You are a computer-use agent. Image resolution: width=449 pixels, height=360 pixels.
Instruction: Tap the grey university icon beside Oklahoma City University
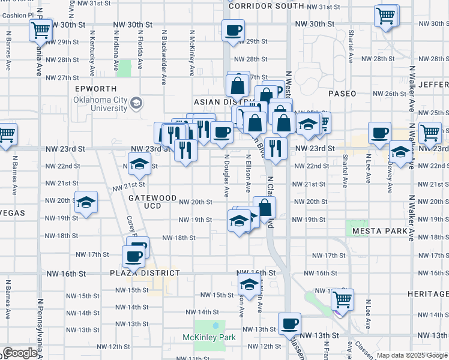point(136,104)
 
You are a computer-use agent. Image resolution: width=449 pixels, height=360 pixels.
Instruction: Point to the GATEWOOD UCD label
point(152,202)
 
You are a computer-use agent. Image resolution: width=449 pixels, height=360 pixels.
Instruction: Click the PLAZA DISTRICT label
point(145,273)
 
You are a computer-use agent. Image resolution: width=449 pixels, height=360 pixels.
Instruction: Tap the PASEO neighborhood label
point(342,94)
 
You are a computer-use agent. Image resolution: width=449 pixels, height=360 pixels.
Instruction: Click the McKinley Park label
point(209,337)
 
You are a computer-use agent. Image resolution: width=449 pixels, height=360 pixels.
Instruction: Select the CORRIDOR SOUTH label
point(267,5)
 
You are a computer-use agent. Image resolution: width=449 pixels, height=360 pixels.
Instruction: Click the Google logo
point(20,353)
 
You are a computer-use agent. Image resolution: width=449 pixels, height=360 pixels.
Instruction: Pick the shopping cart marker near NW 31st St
point(386,15)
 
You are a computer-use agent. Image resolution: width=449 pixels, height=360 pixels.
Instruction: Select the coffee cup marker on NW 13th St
point(289,323)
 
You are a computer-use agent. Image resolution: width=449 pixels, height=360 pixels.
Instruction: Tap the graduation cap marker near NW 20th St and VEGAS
point(86,202)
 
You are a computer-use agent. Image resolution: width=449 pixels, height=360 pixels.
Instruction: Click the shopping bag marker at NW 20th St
point(264,208)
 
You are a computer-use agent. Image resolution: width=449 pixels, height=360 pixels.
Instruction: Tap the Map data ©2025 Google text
point(411,355)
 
